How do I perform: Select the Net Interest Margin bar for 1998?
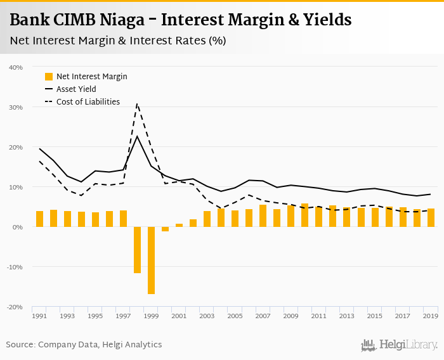pyautogui.click(x=137, y=250)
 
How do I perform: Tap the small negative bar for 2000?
pyautogui.click(x=165, y=229)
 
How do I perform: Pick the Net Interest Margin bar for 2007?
pyautogui.click(x=263, y=216)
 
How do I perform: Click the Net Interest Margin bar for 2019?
pyautogui.click(x=431, y=218)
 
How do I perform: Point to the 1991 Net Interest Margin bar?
pyautogui.click(x=39, y=219)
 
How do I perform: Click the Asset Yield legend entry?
pyautogui.click(x=76, y=89)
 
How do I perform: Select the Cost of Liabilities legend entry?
pyautogui.click(x=88, y=101)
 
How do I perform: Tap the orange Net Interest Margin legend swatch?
pyautogui.click(x=49, y=77)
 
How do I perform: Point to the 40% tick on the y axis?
pyautogui.click(x=16, y=67)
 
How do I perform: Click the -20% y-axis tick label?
pyautogui.click(x=15, y=307)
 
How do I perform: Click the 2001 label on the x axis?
pyautogui.click(x=179, y=316)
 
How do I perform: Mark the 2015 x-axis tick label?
pyautogui.click(x=375, y=316)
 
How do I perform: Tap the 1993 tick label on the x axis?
pyautogui.click(x=67, y=316)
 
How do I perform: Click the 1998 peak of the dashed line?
pyautogui.click(x=137, y=103)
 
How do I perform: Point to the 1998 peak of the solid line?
pyautogui.click(x=137, y=136)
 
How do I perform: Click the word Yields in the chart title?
pyautogui.click(x=325, y=20)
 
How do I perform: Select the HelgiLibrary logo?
pyautogui.click(x=400, y=345)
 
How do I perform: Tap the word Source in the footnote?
pyautogui.click(x=20, y=344)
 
